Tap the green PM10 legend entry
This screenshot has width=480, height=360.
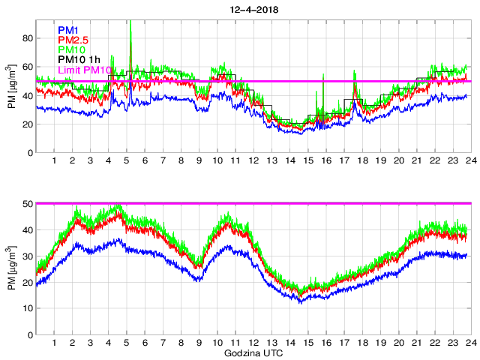tap(73, 50)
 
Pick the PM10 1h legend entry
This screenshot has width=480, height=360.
tap(79, 60)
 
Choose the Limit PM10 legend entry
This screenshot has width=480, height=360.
tap(85, 70)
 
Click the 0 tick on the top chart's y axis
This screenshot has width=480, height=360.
tap(29, 153)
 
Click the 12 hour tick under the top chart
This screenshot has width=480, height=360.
tap(253, 160)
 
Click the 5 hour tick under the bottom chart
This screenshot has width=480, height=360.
tap(127, 343)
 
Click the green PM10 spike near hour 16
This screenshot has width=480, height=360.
tap(323, 76)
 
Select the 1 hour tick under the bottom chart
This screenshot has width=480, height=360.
tap(54, 343)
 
